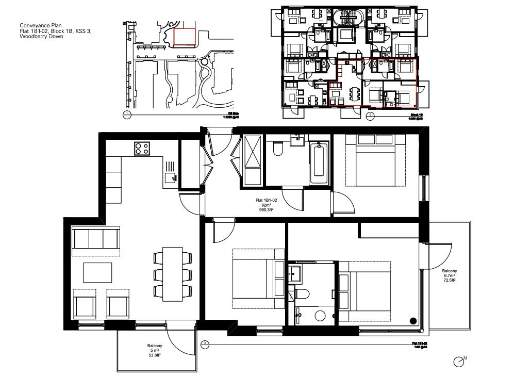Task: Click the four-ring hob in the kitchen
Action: coord(142,149)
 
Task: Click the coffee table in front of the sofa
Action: coord(97,272)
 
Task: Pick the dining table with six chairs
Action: coord(172,274)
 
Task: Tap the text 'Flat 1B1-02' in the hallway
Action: coord(267,200)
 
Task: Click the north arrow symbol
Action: coord(459,362)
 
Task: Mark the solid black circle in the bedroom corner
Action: coord(413,321)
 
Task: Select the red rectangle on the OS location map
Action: coord(185,37)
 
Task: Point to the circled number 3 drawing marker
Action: coord(205,343)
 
